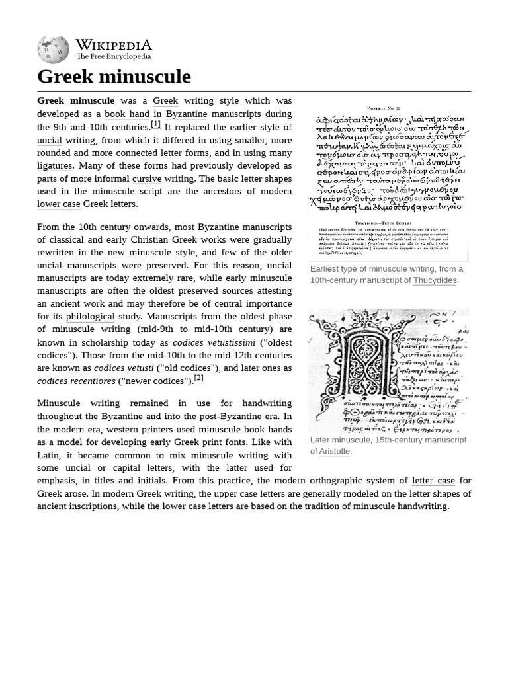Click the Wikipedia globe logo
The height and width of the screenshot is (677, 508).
coord(53,50)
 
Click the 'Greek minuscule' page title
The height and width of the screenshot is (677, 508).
coord(114,77)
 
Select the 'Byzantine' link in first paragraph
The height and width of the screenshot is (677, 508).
coord(186,114)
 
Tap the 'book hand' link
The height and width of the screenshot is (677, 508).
coord(127,114)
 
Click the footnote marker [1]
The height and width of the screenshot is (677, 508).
coord(155,124)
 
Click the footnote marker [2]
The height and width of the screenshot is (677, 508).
coord(198,378)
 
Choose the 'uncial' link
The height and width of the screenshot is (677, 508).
coord(49,140)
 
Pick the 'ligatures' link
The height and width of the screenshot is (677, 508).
coord(54,165)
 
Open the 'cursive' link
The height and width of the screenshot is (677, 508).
coord(147,179)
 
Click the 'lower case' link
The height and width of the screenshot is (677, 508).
coord(58,204)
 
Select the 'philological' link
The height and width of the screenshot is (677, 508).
coord(90,317)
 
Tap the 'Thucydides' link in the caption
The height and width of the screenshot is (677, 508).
coord(435,280)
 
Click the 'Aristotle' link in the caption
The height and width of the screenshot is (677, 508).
coord(334,451)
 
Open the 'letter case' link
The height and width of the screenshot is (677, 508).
coord(433,481)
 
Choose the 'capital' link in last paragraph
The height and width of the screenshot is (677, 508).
coord(126,468)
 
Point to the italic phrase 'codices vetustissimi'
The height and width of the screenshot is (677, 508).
coord(214,342)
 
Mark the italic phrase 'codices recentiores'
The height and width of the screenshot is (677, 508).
coord(76,381)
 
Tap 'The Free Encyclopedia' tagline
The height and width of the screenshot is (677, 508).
coord(113,57)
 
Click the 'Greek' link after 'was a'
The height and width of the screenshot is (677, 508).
coord(165,101)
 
